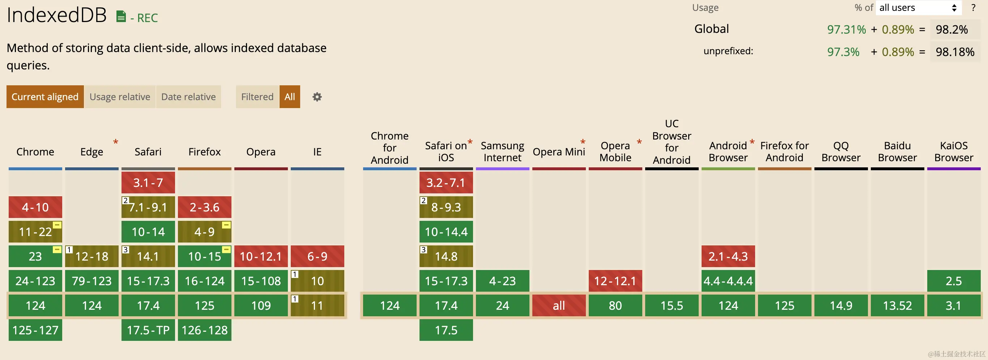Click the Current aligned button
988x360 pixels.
click(x=45, y=97)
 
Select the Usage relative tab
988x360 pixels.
click(x=120, y=97)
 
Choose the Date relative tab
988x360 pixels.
click(x=188, y=97)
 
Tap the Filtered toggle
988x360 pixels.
click(x=257, y=97)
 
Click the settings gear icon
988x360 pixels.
click(x=317, y=97)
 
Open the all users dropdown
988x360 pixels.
click(x=918, y=8)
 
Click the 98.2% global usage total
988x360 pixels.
click(x=951, y=30)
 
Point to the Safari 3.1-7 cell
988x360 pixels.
click(x=148, y=183)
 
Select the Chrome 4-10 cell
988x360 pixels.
click(x=35, y=207)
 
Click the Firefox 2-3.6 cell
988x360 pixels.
click(x=204, y=207)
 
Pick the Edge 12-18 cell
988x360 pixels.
click(x=91, y=256)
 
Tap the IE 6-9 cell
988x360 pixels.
click(x=317, y=256)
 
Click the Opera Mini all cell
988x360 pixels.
click(x=559, y=305)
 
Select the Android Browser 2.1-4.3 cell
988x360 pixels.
click(x=728, y=256)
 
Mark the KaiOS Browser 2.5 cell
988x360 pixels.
click(x=954, y=281)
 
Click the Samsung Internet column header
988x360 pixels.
click(x=502, y=152)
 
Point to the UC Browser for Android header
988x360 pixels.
click(x=672, y=142)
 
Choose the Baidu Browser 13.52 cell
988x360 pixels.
click(x=897, y=305)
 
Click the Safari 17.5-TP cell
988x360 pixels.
click(x=148, y=330)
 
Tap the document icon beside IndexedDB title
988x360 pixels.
click(x=121, y=17)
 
